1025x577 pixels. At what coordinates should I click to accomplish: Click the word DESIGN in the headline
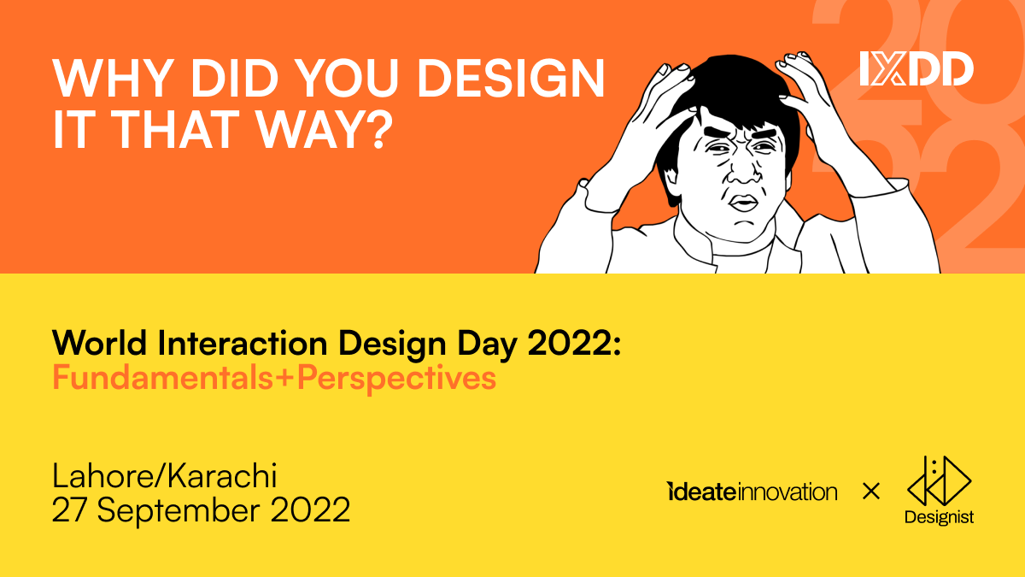(511, 78)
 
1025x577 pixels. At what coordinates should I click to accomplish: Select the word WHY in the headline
(113, 78)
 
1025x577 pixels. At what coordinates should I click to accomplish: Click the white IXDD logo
(917, 68)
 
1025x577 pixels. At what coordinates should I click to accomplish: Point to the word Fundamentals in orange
(162, 378)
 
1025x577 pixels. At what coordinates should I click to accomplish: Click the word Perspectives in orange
(396, 380)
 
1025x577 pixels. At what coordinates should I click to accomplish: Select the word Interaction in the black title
(243, 343)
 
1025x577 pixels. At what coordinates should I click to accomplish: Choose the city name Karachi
(222, 476)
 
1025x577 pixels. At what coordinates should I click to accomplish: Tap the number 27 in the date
(69, 509)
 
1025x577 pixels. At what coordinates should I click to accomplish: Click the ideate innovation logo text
(752, 492)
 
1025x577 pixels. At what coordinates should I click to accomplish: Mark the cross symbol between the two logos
(870, 492)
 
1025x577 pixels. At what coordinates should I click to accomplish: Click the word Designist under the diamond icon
(939, 517)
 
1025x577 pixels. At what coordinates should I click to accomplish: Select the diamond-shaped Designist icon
(939, 480)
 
